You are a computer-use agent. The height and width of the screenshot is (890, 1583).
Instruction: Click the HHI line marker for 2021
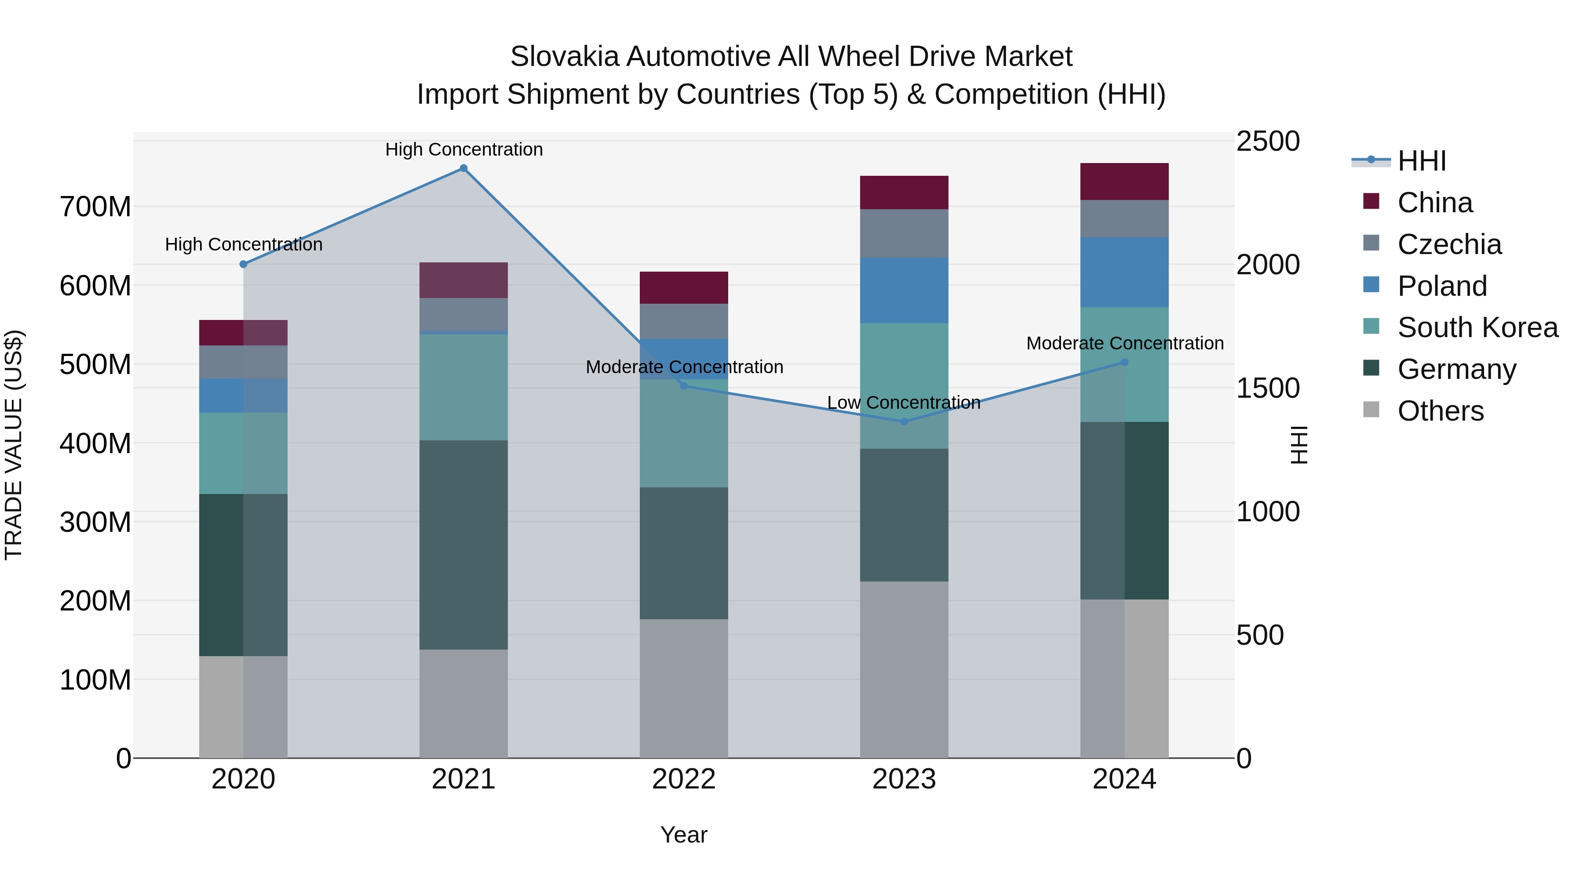463,168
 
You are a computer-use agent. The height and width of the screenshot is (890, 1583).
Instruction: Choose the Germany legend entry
1456,369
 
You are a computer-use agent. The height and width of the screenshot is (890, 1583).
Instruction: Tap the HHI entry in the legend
1421,161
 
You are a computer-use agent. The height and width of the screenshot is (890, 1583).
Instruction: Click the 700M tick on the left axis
95,207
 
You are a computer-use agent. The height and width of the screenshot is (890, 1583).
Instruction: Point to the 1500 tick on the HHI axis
1267,388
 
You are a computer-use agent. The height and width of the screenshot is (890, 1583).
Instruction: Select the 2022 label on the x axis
683,779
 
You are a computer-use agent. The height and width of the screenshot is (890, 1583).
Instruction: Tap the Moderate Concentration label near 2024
1124,343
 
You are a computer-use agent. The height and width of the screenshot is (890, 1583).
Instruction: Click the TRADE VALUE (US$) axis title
14,445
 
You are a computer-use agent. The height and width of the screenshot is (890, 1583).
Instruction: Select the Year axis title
683,835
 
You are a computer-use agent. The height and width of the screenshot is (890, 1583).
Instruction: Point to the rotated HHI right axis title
1299,445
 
